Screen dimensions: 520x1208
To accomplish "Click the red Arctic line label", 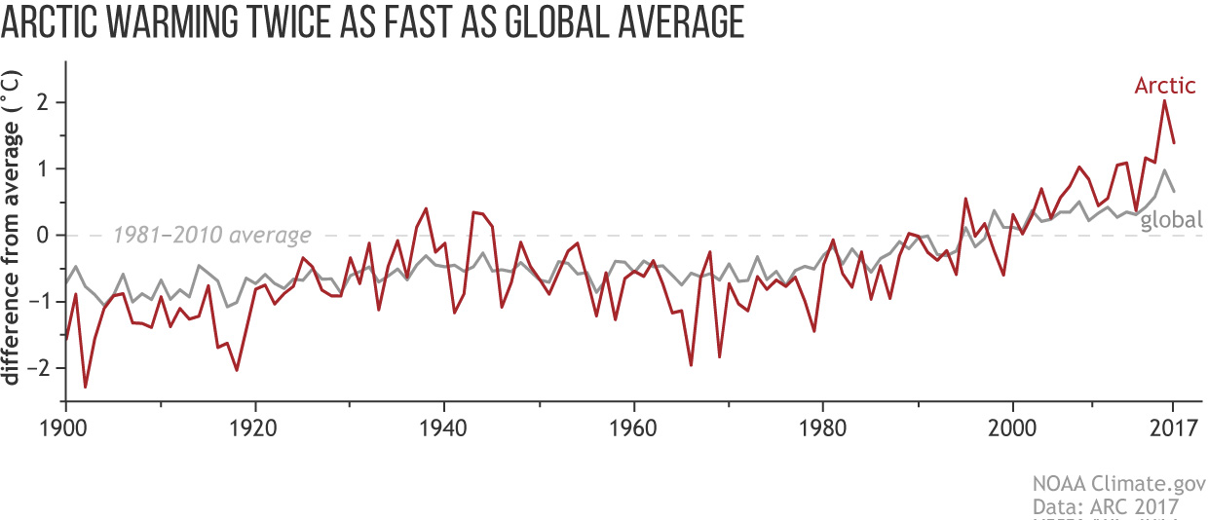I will (1164, 86).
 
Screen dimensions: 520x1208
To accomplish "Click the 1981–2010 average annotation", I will (211, 235).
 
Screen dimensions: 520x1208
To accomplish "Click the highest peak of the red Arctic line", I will (1164, 100).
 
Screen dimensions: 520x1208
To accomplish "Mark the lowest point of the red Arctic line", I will (85, 387).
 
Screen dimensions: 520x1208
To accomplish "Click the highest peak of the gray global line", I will (1164, 170).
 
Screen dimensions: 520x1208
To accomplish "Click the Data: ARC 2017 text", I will (1107, 506).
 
